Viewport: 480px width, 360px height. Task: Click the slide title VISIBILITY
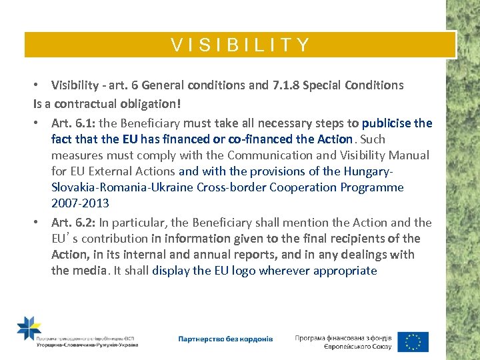[x=240, y=45]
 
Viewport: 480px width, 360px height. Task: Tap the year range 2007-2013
[x=80, y=203]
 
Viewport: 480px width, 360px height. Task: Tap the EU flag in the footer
[x=413, y=341]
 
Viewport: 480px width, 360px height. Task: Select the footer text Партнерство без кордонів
[x=225, y=339]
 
